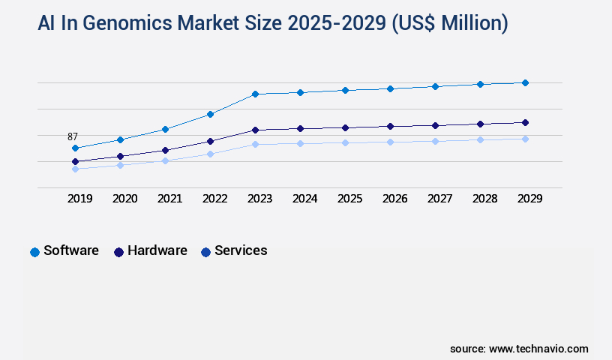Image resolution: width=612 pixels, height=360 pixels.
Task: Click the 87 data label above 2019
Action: click(x=73, y=136)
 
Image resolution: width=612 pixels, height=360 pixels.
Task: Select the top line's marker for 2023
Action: click(x=255, y=94)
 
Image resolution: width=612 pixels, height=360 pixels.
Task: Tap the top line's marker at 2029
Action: click(x=525, y=82)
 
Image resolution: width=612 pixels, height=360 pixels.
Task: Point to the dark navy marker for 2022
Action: click(x=211, y=141)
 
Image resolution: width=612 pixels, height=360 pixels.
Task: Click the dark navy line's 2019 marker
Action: click(x=75, y=161)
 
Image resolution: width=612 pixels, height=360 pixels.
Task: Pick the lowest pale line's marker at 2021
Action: click(x=165, y=160)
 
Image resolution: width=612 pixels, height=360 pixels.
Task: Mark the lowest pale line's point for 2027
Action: click(x=435, y=141)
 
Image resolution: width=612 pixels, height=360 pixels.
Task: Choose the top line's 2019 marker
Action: click(x=75, y=148)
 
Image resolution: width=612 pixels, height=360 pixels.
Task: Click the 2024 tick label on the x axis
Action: click(x=304, y=199)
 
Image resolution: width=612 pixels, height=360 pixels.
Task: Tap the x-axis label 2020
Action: click(x=124, y=199)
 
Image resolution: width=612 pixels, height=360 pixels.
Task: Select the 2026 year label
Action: click(x=394, y=199)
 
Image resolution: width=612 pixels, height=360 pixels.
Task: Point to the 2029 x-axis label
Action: click(x=529, y=199)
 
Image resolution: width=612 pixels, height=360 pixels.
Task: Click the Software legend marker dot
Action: click(x=34, y=252)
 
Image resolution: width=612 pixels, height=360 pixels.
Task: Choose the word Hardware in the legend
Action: click(x=157, y=250)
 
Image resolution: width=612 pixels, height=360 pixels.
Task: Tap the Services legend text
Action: click(x=241, y=250)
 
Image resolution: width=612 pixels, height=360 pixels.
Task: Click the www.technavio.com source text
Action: click(x=538, y=349)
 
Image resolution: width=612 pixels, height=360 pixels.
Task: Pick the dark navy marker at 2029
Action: click(x=525, y=122)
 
